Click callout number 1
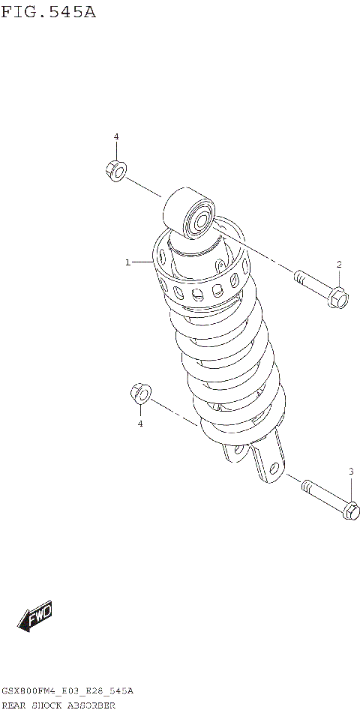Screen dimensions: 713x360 (128, 262)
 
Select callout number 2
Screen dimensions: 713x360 (339, 264)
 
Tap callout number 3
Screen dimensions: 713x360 (350, 471)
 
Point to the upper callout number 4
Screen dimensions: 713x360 (116, 136)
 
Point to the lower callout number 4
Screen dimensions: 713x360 (139, 424)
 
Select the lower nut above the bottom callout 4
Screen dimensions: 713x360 (140, 394)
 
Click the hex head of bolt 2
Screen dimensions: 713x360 (338, 298)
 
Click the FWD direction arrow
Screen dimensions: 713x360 (34, 617)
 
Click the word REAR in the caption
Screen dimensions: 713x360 (16, 706)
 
